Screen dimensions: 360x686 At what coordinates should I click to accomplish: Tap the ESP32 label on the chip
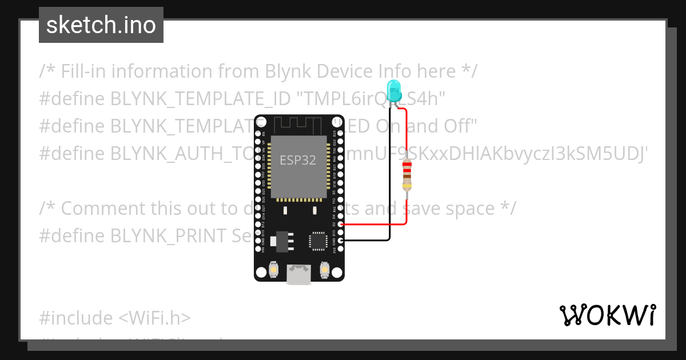pos(297,161)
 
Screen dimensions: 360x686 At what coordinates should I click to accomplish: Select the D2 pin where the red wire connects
pos(341,225)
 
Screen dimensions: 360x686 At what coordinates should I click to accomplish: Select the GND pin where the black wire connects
pos(341,241)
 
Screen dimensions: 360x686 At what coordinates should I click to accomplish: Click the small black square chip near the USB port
pos(317,241)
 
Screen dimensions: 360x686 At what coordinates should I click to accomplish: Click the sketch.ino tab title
pos(101,25)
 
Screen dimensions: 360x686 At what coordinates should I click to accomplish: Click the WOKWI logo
pos(608,315)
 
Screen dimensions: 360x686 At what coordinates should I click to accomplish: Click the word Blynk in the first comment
pos(288,71)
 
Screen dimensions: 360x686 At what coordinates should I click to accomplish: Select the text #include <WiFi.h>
pos(115,318)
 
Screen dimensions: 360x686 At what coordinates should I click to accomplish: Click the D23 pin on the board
pos(341,133)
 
